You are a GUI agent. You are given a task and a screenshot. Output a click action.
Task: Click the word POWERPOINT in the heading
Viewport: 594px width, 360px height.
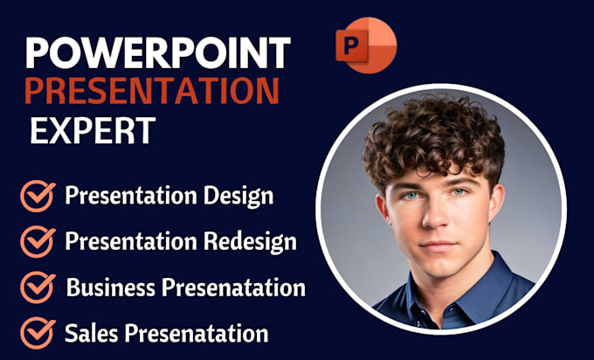[157, 53]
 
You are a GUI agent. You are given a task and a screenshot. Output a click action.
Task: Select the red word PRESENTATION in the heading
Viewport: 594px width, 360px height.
[153, 90]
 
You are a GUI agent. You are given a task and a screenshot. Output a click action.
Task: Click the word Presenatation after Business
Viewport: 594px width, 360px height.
[231, 287]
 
